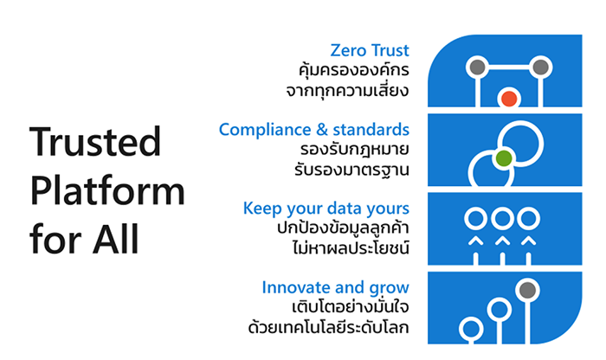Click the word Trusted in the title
(x=95, y=141)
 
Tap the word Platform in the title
(x=107, y=190)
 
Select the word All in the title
(x=115, y=239)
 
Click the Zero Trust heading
(x=370, y=50)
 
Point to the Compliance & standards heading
(x=313, y=130)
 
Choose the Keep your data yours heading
(x=326, y=209)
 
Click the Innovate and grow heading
(x=335, y=288)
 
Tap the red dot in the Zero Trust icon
(x=509, y=99)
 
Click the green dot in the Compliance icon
(x=504, y=158)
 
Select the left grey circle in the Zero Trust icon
(x=478, y=67)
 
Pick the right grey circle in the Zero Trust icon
(x=540, y=67)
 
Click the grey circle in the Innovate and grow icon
(x=527, y=290)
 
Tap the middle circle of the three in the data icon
(x=502, y=219)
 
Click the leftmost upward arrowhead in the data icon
(x=476, y=241)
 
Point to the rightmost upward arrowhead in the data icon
(x=528, y=241)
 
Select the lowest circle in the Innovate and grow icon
(x=471, y=329)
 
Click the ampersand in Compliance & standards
(x=321, y=130)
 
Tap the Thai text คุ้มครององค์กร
(x=353, y=70)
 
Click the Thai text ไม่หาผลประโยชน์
(x=351, y=247)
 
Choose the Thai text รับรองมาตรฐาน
(x=351, y=170)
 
